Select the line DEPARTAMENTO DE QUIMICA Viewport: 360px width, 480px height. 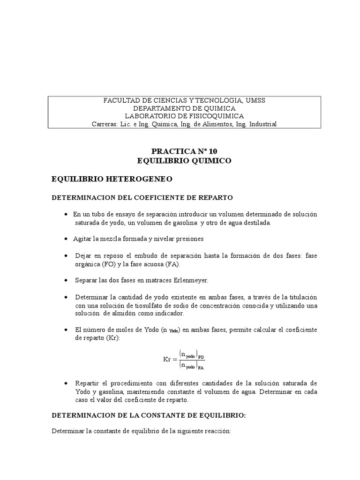[x=185, y=108]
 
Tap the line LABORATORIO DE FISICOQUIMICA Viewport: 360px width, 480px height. [x=185, y=116]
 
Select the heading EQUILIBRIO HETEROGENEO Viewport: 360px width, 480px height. [x=112, y=179]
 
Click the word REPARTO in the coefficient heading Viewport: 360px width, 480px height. [x=217, y=198]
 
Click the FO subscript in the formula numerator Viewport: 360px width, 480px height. [x=201, y=356]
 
